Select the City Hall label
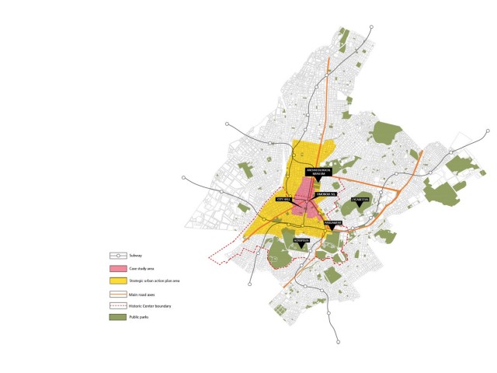[x=283, y=200]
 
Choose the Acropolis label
[x=301, y=240]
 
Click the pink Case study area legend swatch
[x=117, y=268]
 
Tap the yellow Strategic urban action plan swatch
[x=117, y=280]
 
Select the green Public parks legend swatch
[x=117, y=317]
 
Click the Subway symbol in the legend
[x=117, y=256]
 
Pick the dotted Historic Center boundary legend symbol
[x=117, y=305]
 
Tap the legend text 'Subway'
[x=137, y=256]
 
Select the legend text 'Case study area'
[x=142, y=268]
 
